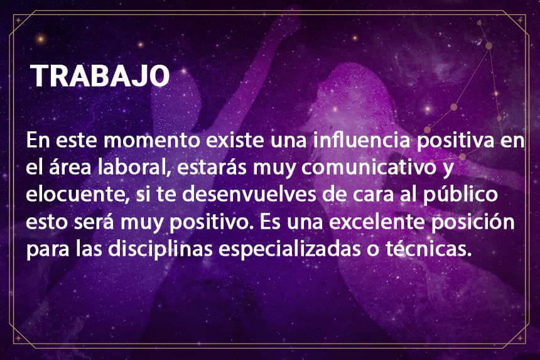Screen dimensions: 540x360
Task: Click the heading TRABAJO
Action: tap(100, 75)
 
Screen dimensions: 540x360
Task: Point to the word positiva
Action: tap(455, 141)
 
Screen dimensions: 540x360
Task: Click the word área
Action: tap(70, 166)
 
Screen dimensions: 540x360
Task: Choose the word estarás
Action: tap(212, 166)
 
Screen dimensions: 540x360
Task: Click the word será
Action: tap(94, 222)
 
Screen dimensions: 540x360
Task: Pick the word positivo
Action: tap(209, 223)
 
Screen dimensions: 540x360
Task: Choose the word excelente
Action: tap(377, 222)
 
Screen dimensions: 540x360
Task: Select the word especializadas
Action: tap(289, 249)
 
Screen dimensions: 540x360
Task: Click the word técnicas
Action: tap(428, 249)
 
